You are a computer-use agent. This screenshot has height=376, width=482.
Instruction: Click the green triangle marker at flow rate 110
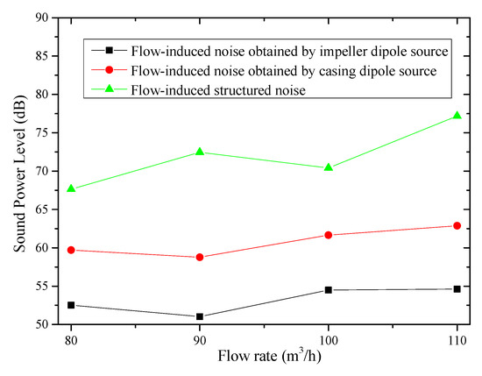tap(457, 116)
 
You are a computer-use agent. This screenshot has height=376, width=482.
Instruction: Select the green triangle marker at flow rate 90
tap(200, 152)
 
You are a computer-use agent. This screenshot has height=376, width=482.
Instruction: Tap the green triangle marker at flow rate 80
tap(71, 188)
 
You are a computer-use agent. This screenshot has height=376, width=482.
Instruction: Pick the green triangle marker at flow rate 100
tap(328, 167)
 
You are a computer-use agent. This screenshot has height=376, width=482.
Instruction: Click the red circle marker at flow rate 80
tap(71, 250)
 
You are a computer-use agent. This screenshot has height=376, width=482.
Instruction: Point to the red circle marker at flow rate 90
tap(200, 257)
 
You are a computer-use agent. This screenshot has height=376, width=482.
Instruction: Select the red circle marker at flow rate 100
tap(328, 235)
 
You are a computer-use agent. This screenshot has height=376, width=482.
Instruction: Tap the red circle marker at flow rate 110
tap(457, 225)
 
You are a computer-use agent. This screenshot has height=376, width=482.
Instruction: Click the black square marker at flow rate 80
tap(71, 305)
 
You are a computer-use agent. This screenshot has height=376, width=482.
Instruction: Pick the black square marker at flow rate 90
tap(200, 316)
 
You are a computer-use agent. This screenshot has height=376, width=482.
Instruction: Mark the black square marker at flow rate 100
tap(328, 289)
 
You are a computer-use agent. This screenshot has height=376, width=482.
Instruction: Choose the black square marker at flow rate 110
tap(457, 288)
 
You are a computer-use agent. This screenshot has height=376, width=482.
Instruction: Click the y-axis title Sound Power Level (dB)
tap(18, 171)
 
